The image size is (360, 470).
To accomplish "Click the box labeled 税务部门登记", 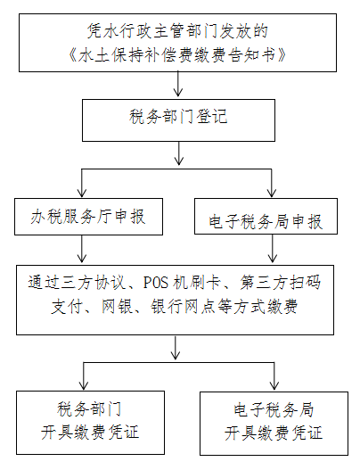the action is tap(178, 120).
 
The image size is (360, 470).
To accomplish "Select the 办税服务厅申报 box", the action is tap(88, 217).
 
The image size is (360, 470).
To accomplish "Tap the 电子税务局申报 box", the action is tap(266, 216).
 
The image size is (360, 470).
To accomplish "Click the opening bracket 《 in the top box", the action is tap(73, 55).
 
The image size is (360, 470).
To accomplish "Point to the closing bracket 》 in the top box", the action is tap(282, 55).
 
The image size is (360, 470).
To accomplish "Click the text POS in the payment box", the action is tap(156, 283).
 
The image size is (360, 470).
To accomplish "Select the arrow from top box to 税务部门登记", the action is tap(178, 84).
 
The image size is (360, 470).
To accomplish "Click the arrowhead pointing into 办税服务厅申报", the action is tap(82, 193).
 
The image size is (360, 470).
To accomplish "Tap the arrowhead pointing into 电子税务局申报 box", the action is tap(272, 193).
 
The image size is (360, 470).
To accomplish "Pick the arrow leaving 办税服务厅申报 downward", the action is tap(82, 249).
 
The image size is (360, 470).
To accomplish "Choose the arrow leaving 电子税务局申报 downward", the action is tap(273, 249).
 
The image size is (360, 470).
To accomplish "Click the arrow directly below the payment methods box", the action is tap(176, 348).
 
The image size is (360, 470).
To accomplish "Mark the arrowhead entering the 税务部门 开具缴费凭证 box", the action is tap(83, 385).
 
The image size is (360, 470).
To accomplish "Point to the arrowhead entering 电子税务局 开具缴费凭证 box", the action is tap(274, 385).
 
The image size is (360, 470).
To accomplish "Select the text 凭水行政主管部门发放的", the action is tap(177, 31).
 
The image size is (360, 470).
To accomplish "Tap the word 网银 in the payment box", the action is tap(117, 307).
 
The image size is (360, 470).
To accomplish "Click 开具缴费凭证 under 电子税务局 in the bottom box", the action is tap(274, 433).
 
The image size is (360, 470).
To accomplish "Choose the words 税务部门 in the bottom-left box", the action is tap(89, 409).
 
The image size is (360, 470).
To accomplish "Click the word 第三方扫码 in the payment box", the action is tap(281, 283).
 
